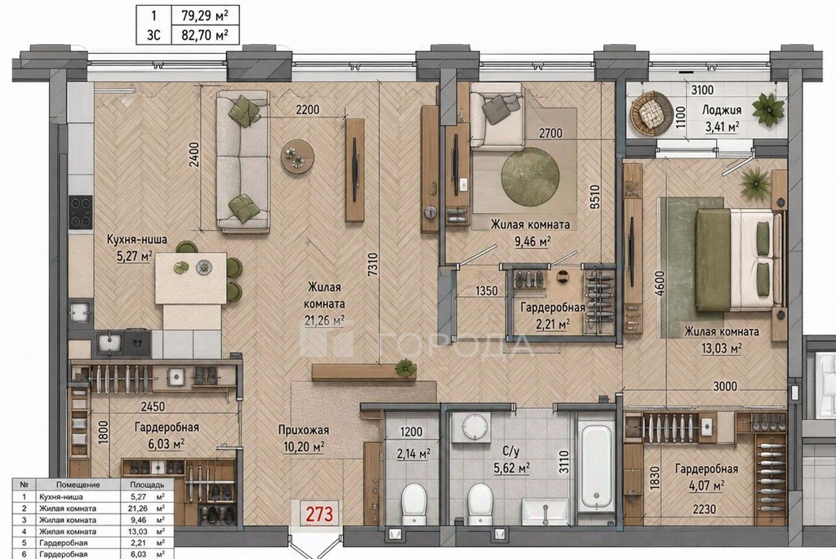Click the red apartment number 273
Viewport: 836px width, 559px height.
click(320, 513)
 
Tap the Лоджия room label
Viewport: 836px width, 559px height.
click(721, 110)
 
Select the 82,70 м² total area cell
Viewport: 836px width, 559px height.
click(205, 35)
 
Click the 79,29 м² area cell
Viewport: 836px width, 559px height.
click(205, 16)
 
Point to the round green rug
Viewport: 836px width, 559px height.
click(530, 175)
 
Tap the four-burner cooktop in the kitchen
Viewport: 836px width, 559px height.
click(81, 211)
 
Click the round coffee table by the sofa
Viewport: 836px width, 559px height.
click(297, 155)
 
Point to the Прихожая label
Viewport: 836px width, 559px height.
click(304, 429)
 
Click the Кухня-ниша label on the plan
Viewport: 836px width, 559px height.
click(136, 239)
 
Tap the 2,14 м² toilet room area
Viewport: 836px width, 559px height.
click(414, 454)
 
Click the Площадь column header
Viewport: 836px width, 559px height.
click(147, 485)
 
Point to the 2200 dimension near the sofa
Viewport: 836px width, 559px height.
click(308, 110)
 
